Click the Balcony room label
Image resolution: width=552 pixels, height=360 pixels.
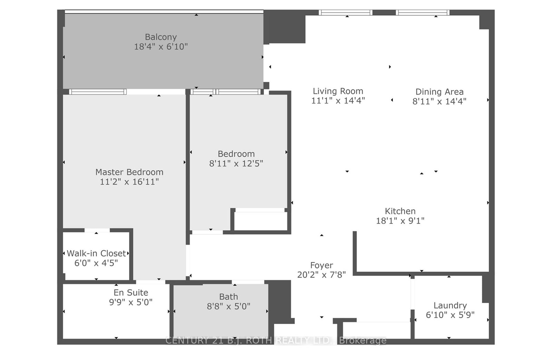point(161,37)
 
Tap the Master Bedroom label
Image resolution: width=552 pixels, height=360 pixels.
point(129,172)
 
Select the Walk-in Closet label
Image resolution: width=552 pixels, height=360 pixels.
point(96,253)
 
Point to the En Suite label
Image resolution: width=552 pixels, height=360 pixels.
point(131,292)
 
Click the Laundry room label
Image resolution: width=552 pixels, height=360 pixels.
point(450,305)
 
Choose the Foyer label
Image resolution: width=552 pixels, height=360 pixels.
point(322,265)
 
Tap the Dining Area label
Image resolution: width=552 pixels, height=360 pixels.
point(439,92)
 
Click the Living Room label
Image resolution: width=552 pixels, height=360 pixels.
point(338,91)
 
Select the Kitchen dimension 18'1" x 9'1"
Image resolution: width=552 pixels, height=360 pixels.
point(400,221)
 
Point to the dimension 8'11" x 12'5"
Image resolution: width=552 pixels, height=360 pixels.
point(236,163)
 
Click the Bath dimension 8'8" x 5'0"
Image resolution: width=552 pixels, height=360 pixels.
point(228,306)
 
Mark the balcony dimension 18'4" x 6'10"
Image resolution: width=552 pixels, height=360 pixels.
point(161,47)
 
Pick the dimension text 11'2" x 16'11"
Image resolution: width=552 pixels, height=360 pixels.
point(129,182)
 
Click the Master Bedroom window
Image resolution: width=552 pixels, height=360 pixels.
point(98,92)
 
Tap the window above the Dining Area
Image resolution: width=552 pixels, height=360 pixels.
point(422,13)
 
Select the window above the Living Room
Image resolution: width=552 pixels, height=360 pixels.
point(345,13)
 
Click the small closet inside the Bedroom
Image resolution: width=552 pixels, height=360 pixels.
point(261,221)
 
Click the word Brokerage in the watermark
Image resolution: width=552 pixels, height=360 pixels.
point(363,340)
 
